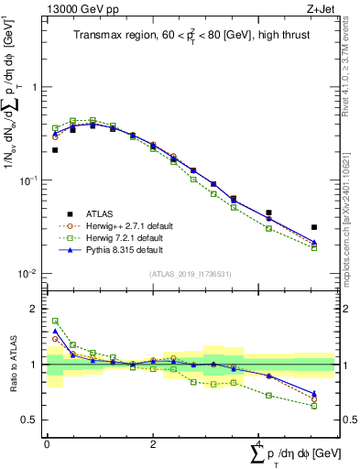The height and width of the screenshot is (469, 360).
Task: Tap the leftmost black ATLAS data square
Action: tap(55, 150)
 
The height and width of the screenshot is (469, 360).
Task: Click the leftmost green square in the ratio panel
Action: tap(55, 322)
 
